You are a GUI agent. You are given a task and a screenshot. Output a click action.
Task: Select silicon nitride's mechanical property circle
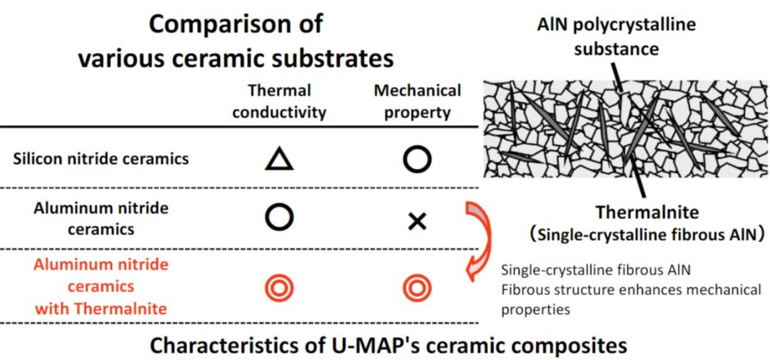pyautogui.click(x=416, y=159)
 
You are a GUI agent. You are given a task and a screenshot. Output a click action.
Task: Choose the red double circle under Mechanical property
pyautogui.click(x=416, y=287)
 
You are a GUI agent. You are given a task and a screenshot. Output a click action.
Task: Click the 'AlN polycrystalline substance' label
pyautogui.click(x=616, y=36)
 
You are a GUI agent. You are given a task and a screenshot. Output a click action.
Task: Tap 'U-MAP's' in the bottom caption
pyautogui.click(x=380, y=344)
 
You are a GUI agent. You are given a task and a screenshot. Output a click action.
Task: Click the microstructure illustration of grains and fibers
pyautogui.click(x=621, y=127)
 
